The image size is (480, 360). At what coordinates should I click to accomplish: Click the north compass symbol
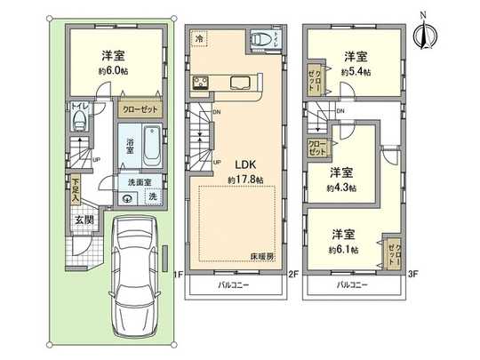click(x=424, y=34)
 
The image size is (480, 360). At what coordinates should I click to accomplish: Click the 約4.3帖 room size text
click(x=341, y=188)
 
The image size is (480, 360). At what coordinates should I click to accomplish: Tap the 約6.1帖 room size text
click(x=342, y=250)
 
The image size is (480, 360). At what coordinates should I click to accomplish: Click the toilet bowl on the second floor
click(x=260, y=40)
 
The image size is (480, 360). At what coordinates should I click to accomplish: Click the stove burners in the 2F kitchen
click(x=199, y=84)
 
